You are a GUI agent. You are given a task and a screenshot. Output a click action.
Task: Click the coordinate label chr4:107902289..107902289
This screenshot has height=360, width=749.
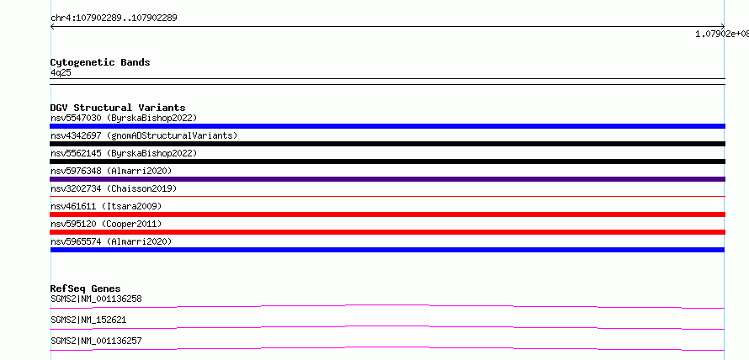[114, 19]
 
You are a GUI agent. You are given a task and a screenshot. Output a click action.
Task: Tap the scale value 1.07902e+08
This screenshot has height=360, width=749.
[722, 34]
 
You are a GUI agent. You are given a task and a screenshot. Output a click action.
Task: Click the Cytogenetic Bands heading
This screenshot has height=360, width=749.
[100, 62]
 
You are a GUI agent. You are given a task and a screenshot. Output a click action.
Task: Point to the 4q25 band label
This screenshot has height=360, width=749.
[61, 72]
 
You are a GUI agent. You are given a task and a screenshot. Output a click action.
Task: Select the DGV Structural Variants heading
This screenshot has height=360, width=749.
[118, 108]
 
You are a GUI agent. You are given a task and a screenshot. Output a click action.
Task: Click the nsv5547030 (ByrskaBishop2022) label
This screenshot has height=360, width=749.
[124, 118]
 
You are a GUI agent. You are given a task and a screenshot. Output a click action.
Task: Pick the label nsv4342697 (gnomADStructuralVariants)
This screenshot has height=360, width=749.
[144, 135]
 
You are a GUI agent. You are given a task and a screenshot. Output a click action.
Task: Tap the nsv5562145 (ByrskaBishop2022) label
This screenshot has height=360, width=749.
[124, 153]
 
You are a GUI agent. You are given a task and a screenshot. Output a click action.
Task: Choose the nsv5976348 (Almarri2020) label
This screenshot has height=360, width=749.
[111, 171]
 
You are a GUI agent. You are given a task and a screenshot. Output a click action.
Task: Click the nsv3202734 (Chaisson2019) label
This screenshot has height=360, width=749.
[114, 188]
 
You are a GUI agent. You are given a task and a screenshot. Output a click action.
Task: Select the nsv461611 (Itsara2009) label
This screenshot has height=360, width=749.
[106, 206]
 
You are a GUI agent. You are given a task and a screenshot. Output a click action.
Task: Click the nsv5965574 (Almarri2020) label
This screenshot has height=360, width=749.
[111, 241]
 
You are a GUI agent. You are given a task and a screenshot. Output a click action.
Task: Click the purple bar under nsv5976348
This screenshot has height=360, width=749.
[387, 179]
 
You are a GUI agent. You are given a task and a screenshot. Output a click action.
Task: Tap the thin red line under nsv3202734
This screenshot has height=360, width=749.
[387, 196]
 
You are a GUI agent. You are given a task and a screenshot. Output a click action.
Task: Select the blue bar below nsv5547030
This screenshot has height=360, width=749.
[387, 126]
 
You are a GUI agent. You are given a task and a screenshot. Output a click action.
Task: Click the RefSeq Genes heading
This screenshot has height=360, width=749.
[86, 289]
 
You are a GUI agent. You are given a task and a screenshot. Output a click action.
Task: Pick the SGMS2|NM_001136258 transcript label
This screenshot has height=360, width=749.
[96, 299]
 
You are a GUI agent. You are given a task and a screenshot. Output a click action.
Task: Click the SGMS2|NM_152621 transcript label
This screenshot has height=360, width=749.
[88, 320]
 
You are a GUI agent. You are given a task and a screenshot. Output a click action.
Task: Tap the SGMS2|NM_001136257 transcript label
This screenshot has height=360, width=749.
[96, 341]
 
